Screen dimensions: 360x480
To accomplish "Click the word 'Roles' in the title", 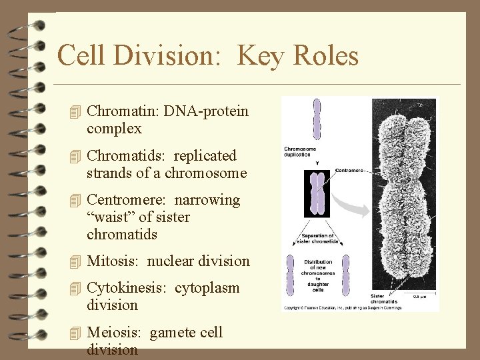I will pyautogui.click(x=328, y=55).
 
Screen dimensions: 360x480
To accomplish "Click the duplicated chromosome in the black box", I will pyautogui.click(x=317, y=194).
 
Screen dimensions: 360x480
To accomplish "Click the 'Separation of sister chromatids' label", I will pyautogui.click(x=317, y=239).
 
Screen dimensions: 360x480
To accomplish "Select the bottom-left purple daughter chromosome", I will pyautogui.click(x=290, y=275).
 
